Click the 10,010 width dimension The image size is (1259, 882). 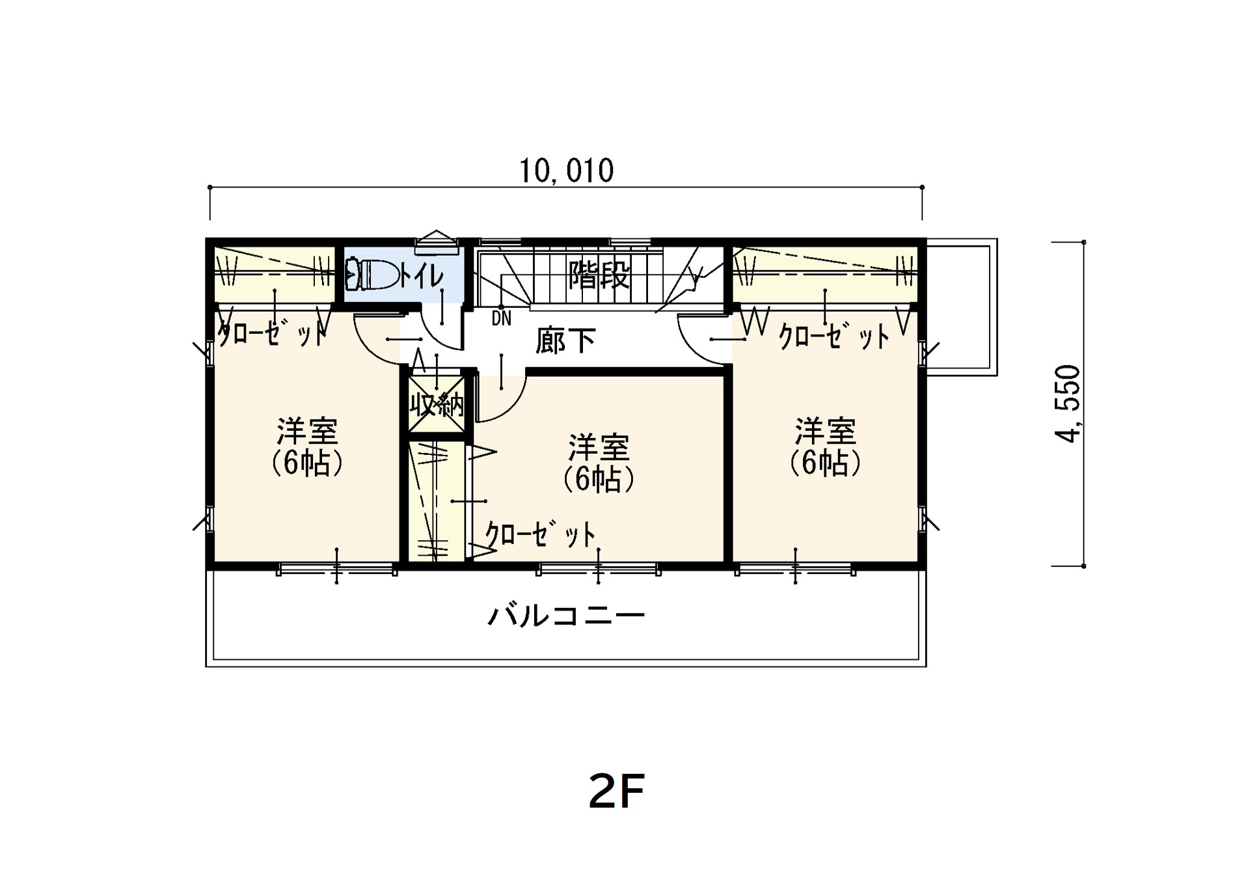(x=566, y=171)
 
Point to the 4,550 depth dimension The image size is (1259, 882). (x=1067, y=404)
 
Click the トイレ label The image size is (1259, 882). (x=421, y=276)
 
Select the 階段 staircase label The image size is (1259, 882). (x=599, y=275)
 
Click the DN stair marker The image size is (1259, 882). (x=502, y=318)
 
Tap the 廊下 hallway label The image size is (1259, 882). (x=565, y=340)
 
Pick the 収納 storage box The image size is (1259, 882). (x=437, y=404)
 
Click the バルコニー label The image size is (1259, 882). (x=566, y=615)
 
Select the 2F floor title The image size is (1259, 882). (x=616, y=792)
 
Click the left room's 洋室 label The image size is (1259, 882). (x=307, y=431)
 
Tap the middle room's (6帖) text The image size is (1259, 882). (x=599, y=480)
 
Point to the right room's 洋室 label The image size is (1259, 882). (x=825, y=431)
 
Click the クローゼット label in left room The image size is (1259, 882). (x=271, y=333)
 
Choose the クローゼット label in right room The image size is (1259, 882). (x=834, y=337)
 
